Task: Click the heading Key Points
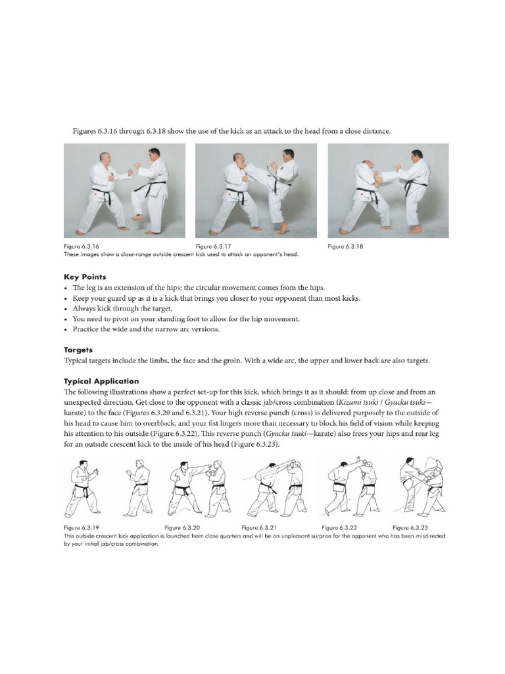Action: (x=85, y=277)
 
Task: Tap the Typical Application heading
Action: (x=101, y=381)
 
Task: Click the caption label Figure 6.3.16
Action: (x=82, y=247)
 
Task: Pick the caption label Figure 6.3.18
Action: (x=346, y=247)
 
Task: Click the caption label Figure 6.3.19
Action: (x=82, y=527)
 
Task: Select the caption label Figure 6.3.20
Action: (x=182, y=527)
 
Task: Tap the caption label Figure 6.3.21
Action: (x=260, y=527)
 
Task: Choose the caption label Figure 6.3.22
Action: (x=339, y=527)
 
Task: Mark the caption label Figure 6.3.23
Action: (x=410, y=527)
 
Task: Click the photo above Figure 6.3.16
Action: (x=124, y=190)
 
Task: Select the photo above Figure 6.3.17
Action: (x=256, y=190)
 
